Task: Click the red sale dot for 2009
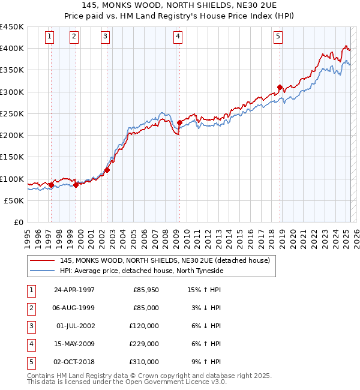pyautogui.click(x=179, y=122)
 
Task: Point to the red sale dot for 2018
pyautogui.click(x=280, y=87)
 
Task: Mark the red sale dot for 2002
pyautogui.click(x=107, y=170)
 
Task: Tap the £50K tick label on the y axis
pyautogui.click(x=14, y=201)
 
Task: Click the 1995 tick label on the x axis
pyautogui.click(x=28, y=236)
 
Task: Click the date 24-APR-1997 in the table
pyautogui.click(x=74, y=290)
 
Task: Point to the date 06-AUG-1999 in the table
pyautogui.click(x=74, y=308)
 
